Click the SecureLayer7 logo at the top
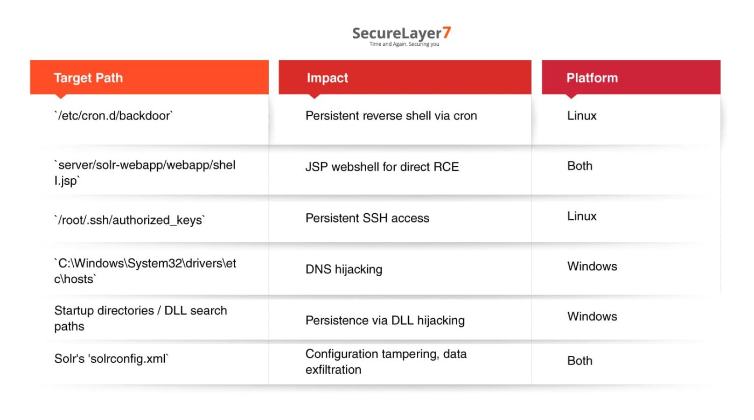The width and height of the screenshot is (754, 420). pos(401,33)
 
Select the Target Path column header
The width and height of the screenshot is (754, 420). pos(88,78)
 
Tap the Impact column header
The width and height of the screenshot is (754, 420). pos(327,78)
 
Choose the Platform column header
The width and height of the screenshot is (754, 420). pos(592,78)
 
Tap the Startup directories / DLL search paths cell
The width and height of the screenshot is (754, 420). pos(141,318)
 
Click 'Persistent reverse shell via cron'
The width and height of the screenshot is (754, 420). pos(391,116)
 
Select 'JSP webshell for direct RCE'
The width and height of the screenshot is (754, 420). pos(382,167)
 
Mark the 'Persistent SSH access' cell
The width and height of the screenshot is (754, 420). pos(367,218)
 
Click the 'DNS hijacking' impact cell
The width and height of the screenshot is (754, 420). pos(344,269)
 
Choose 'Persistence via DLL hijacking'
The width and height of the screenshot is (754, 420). pos(385,320)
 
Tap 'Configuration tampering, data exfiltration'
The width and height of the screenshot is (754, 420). pos(386,361)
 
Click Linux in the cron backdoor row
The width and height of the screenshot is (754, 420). pos(582,116)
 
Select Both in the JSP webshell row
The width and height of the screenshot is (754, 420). pos(580,166)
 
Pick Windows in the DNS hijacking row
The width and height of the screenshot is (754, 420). pos(592,266)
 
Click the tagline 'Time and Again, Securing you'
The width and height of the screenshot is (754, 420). pos(404,44)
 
